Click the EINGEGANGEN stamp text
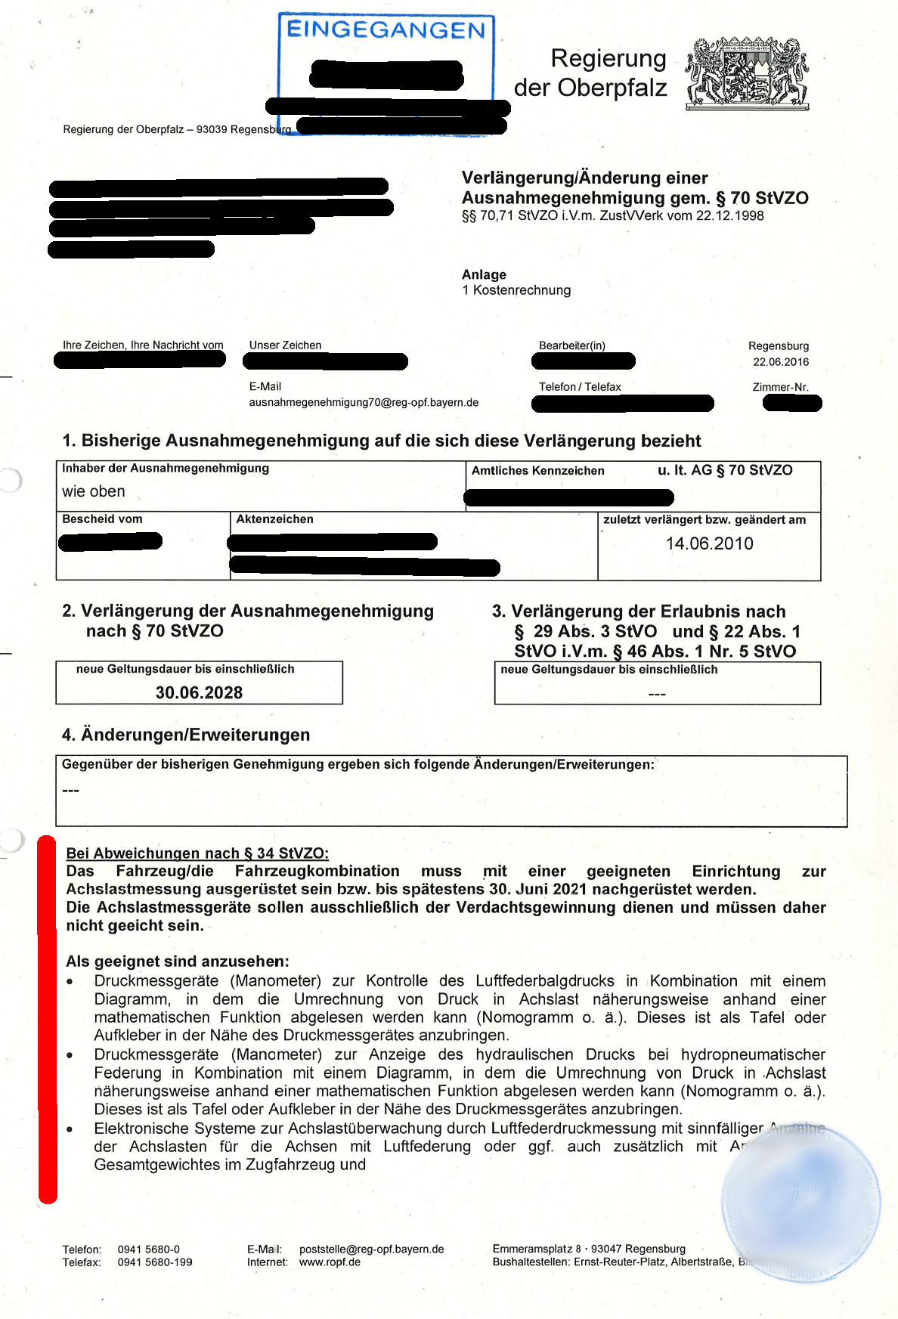(386, 30)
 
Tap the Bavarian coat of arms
(747, 73)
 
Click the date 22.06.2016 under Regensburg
(780, 362)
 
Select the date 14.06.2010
(709, 543)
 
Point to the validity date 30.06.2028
(199, 692)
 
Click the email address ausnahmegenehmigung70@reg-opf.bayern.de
(364, 402)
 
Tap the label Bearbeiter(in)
(571, 345)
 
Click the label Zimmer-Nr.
(780, 387)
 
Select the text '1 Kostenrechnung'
(516, 290)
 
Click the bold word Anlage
(484, 274)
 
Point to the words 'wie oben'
(94, 491)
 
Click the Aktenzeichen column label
(274, 519)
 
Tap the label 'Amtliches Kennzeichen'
(537, 471)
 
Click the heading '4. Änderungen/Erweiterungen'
(186, 735)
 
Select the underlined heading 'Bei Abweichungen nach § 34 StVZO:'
(197, 853)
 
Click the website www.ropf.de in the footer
(330, 1262)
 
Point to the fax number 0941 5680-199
(155, 1262)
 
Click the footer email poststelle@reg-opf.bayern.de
(371, 1249)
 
